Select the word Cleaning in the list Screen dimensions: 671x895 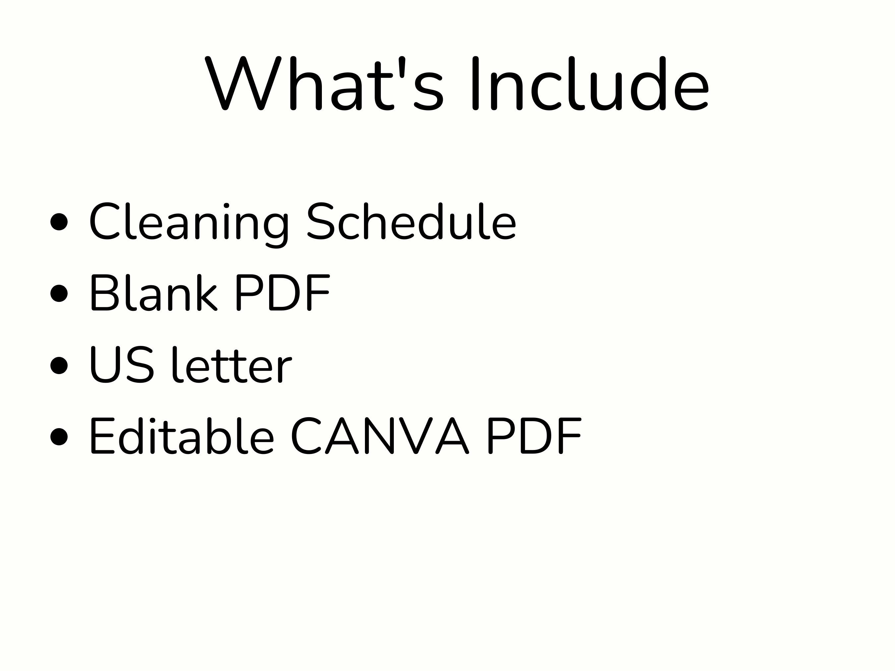(x=189, y=222)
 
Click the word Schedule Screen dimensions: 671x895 (x=411, y=222)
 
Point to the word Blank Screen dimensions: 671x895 (x=153, y=293)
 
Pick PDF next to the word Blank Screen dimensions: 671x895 (x=282, y=293)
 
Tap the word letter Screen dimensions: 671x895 (x=232, y=364)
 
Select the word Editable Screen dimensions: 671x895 (x=182, y=436)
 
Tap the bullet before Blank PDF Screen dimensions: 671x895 (x=59, y=293)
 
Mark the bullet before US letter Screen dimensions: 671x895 (x=59, y=365)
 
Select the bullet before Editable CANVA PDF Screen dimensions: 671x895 (x=59, y=436)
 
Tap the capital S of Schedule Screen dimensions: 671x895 (x=322, y=222)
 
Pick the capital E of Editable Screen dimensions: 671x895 (x=102, y=436)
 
